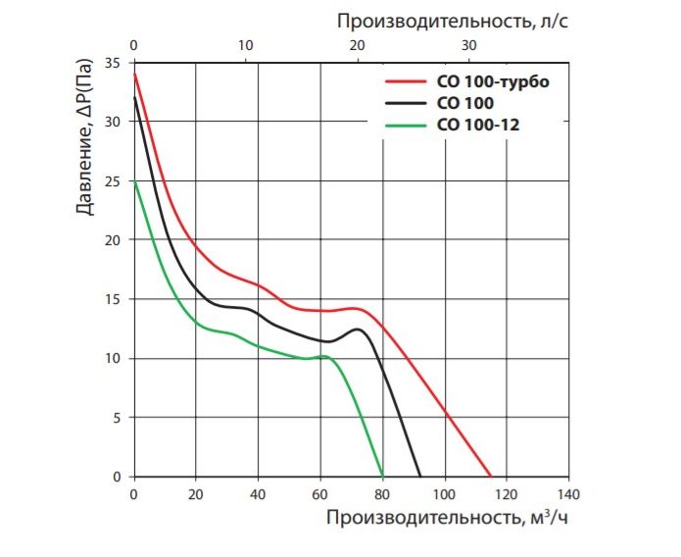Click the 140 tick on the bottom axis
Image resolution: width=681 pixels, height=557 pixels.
pyautogui.click(x=567, y=493)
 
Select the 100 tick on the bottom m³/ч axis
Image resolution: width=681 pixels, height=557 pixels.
pyautogui.click(x=444, y=493)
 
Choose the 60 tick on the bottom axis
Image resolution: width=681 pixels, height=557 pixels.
pyautogui.click(x=319, y=493)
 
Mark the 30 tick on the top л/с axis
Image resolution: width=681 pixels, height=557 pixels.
pyautogui.click(x=469, y=46)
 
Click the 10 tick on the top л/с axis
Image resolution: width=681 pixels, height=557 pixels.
pyautogui.click(x=246, y=46)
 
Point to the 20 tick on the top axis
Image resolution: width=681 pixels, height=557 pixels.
pyautogui.click(x=358, y=46)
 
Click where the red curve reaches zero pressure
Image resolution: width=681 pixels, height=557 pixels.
pyautogui.click(x=490, y=477)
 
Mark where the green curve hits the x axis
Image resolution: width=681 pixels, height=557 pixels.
pyautogui.click(x=382, y=477)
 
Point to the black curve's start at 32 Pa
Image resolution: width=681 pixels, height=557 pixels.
pyautogui.click(x=134, y=98)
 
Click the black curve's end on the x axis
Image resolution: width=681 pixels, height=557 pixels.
pyautogui.click(x=420, y=477)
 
